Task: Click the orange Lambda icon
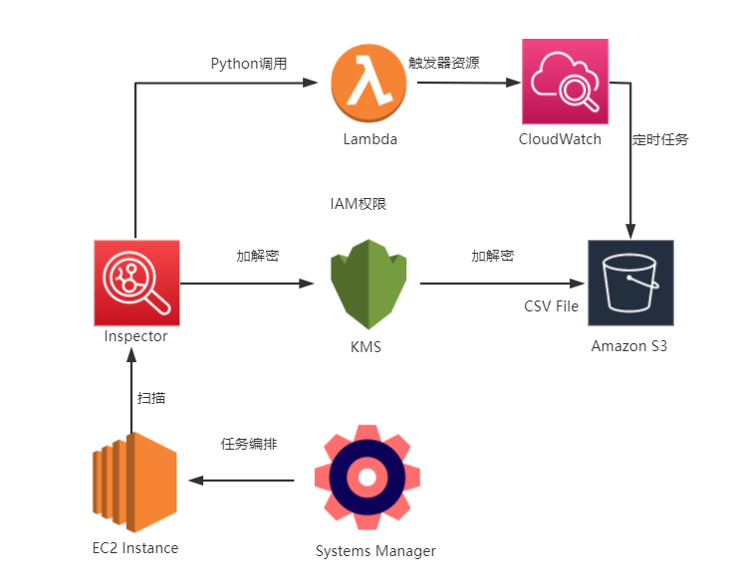click(370, 84)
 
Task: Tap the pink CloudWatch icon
click(565, 82)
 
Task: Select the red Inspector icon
click(136, 283)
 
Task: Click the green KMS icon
click(369, 285)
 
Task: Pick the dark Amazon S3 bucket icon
click(630, 283)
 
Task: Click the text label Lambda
click(370, 139)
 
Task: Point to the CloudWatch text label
click(561, 139)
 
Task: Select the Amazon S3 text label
click(629, 346)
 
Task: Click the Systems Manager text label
click(375, 551)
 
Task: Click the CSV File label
click(551, 306)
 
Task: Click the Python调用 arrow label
click(249, 64)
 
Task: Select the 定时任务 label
click(660, 139)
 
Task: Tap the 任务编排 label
click(248, 445)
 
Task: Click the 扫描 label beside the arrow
click(151, 398)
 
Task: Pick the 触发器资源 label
click(444, 62)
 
